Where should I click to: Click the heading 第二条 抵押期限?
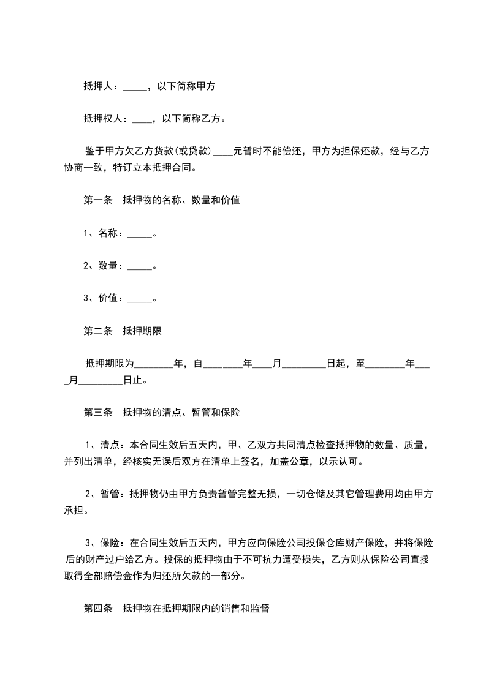coord(122,332)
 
